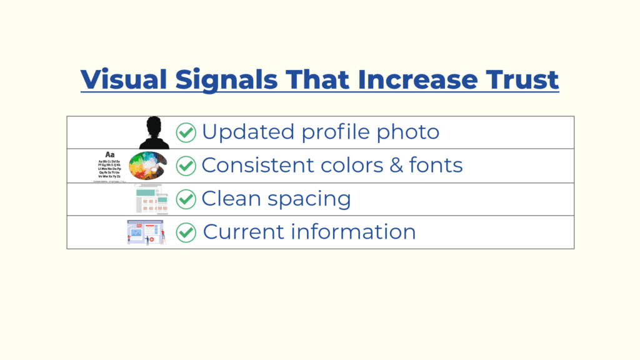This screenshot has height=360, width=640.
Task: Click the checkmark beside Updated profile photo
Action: pos(186,132)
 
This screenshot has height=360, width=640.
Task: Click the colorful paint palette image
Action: pos(147,166)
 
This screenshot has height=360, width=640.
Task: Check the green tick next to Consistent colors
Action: pos(186,166)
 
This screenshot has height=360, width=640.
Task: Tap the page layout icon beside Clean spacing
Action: pos(152,199)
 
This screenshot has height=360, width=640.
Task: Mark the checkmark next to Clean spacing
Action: pos(186,199)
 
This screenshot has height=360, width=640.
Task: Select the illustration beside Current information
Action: pos(146,232)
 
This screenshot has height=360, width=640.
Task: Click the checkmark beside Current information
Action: pos(186,232)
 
